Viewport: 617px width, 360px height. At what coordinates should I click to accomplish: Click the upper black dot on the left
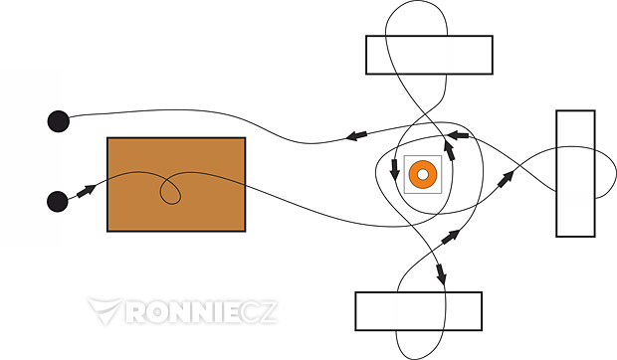tap(59, 121)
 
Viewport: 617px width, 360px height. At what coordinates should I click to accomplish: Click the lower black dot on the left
tap(58, 202)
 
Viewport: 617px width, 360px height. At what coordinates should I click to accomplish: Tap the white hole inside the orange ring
tap(423, 174)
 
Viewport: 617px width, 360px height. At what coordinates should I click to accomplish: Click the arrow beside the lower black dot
tap(87, 191)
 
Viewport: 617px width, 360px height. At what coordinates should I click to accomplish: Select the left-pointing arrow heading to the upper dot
tap(356, 135)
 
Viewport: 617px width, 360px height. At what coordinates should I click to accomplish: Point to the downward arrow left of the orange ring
tap(394, 170)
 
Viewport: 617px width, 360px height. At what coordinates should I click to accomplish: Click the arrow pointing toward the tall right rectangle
tap(506, 179)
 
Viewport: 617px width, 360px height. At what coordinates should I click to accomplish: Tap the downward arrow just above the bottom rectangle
tap(441, 274)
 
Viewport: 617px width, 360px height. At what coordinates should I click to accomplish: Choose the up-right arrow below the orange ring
tap(451, 237)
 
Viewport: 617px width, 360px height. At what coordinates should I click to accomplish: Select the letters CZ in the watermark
tap(259, 312)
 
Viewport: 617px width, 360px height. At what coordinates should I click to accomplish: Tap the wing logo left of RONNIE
tap(105, 310)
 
